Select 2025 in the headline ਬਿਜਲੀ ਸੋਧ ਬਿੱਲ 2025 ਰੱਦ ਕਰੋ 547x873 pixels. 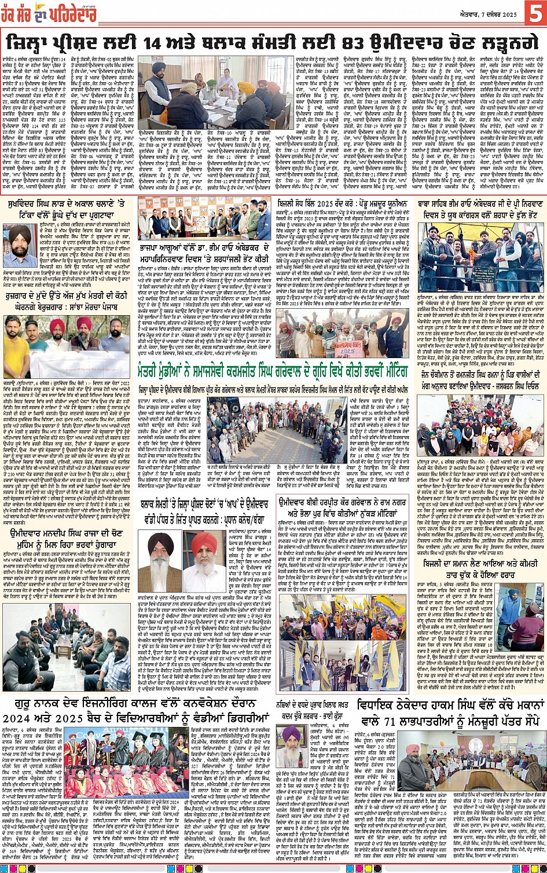pyautogui.click(x=340, y=204)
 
